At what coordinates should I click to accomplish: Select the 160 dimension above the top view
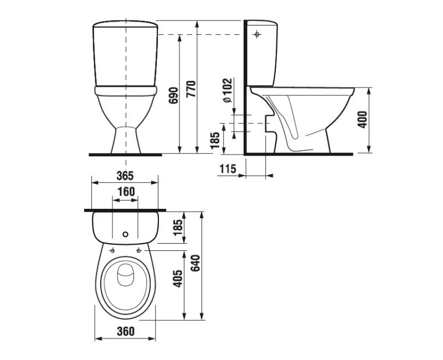click(x=125, y=192)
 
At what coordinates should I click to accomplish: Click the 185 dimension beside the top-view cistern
click(x=177, y=228)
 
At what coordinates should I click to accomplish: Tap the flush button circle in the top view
click(x=125, y=234)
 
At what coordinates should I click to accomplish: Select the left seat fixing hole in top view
click(x=113, y=250)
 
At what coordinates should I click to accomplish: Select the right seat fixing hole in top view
click(x=137, y=250)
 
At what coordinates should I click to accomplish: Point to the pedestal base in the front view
click(x=125, y=141)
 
